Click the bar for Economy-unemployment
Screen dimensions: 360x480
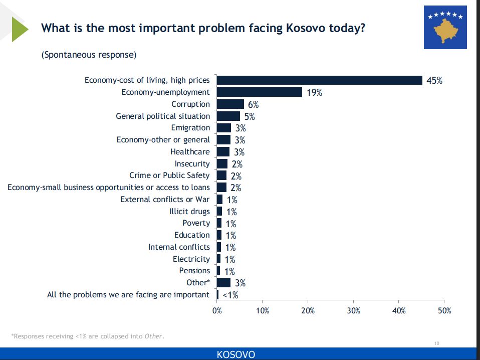[260, 92]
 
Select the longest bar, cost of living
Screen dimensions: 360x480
[319, 80]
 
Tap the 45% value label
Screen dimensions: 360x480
[434, 81]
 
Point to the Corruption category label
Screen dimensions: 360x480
[190, 104]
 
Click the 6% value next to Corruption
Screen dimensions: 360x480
[253, 105]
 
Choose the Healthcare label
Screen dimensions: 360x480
[190, 151]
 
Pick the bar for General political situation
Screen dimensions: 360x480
[228, 116]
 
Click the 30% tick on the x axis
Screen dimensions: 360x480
[353, 311]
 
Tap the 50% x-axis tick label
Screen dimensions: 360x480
[444, 311]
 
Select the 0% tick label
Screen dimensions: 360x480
[217, 311]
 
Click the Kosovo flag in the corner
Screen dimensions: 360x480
[445, 28]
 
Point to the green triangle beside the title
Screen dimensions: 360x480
[20, 29]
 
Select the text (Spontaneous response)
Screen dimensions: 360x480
[89, 55]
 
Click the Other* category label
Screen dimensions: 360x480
[198, 282]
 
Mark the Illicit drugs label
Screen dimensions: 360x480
[189, 211]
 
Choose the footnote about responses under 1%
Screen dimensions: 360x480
[87, 336]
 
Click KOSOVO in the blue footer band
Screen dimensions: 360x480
[235, 354]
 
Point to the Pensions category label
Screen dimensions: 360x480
[194, 271]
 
